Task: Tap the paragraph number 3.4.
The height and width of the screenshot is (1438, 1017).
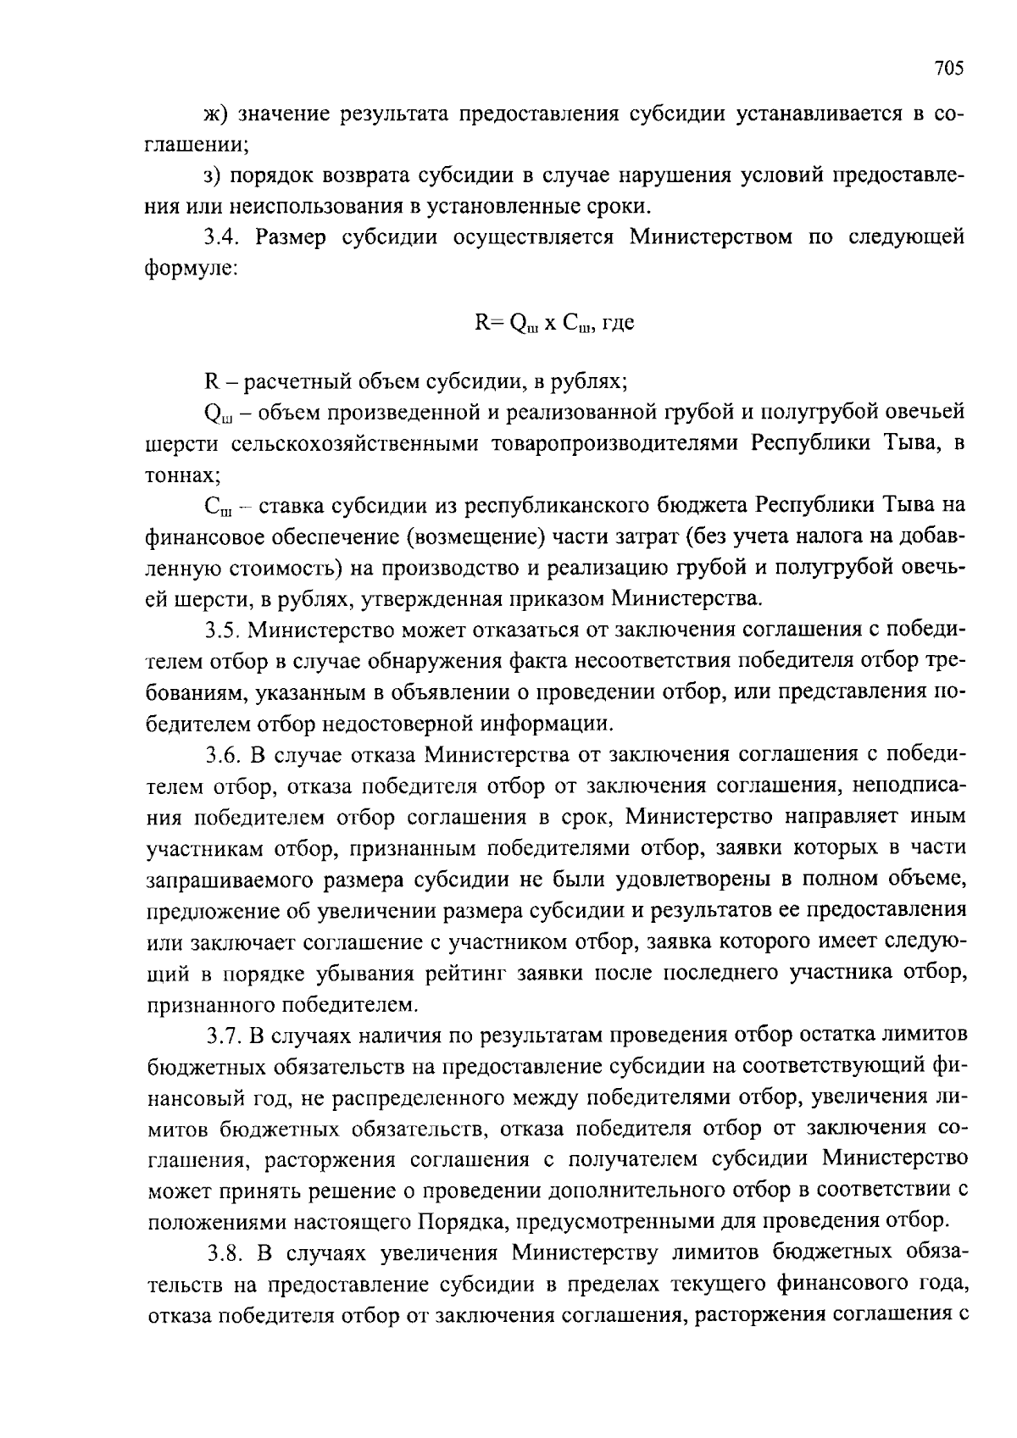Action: click(x=224, y=236)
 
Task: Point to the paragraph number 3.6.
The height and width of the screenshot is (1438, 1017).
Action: click(x=224, y=753)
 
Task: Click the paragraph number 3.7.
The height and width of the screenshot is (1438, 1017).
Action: click(x=224, y=1035)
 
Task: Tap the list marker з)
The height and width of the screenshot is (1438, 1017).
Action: click(x=214, y=175)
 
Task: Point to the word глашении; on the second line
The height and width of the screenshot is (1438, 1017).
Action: click(x=197, y=145)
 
